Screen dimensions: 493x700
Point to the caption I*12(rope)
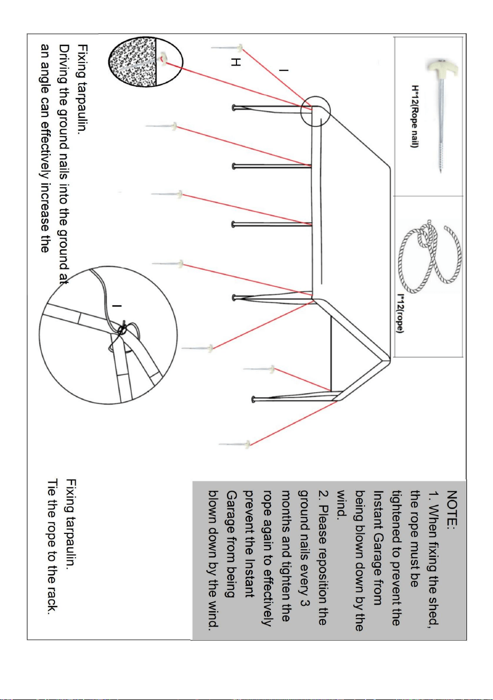(400, 314)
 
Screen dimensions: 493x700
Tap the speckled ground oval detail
(145, 62)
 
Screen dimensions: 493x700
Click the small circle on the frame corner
(316, 111)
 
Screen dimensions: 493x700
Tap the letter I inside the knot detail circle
(117, 306)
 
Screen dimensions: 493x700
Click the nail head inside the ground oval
(163, 58)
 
